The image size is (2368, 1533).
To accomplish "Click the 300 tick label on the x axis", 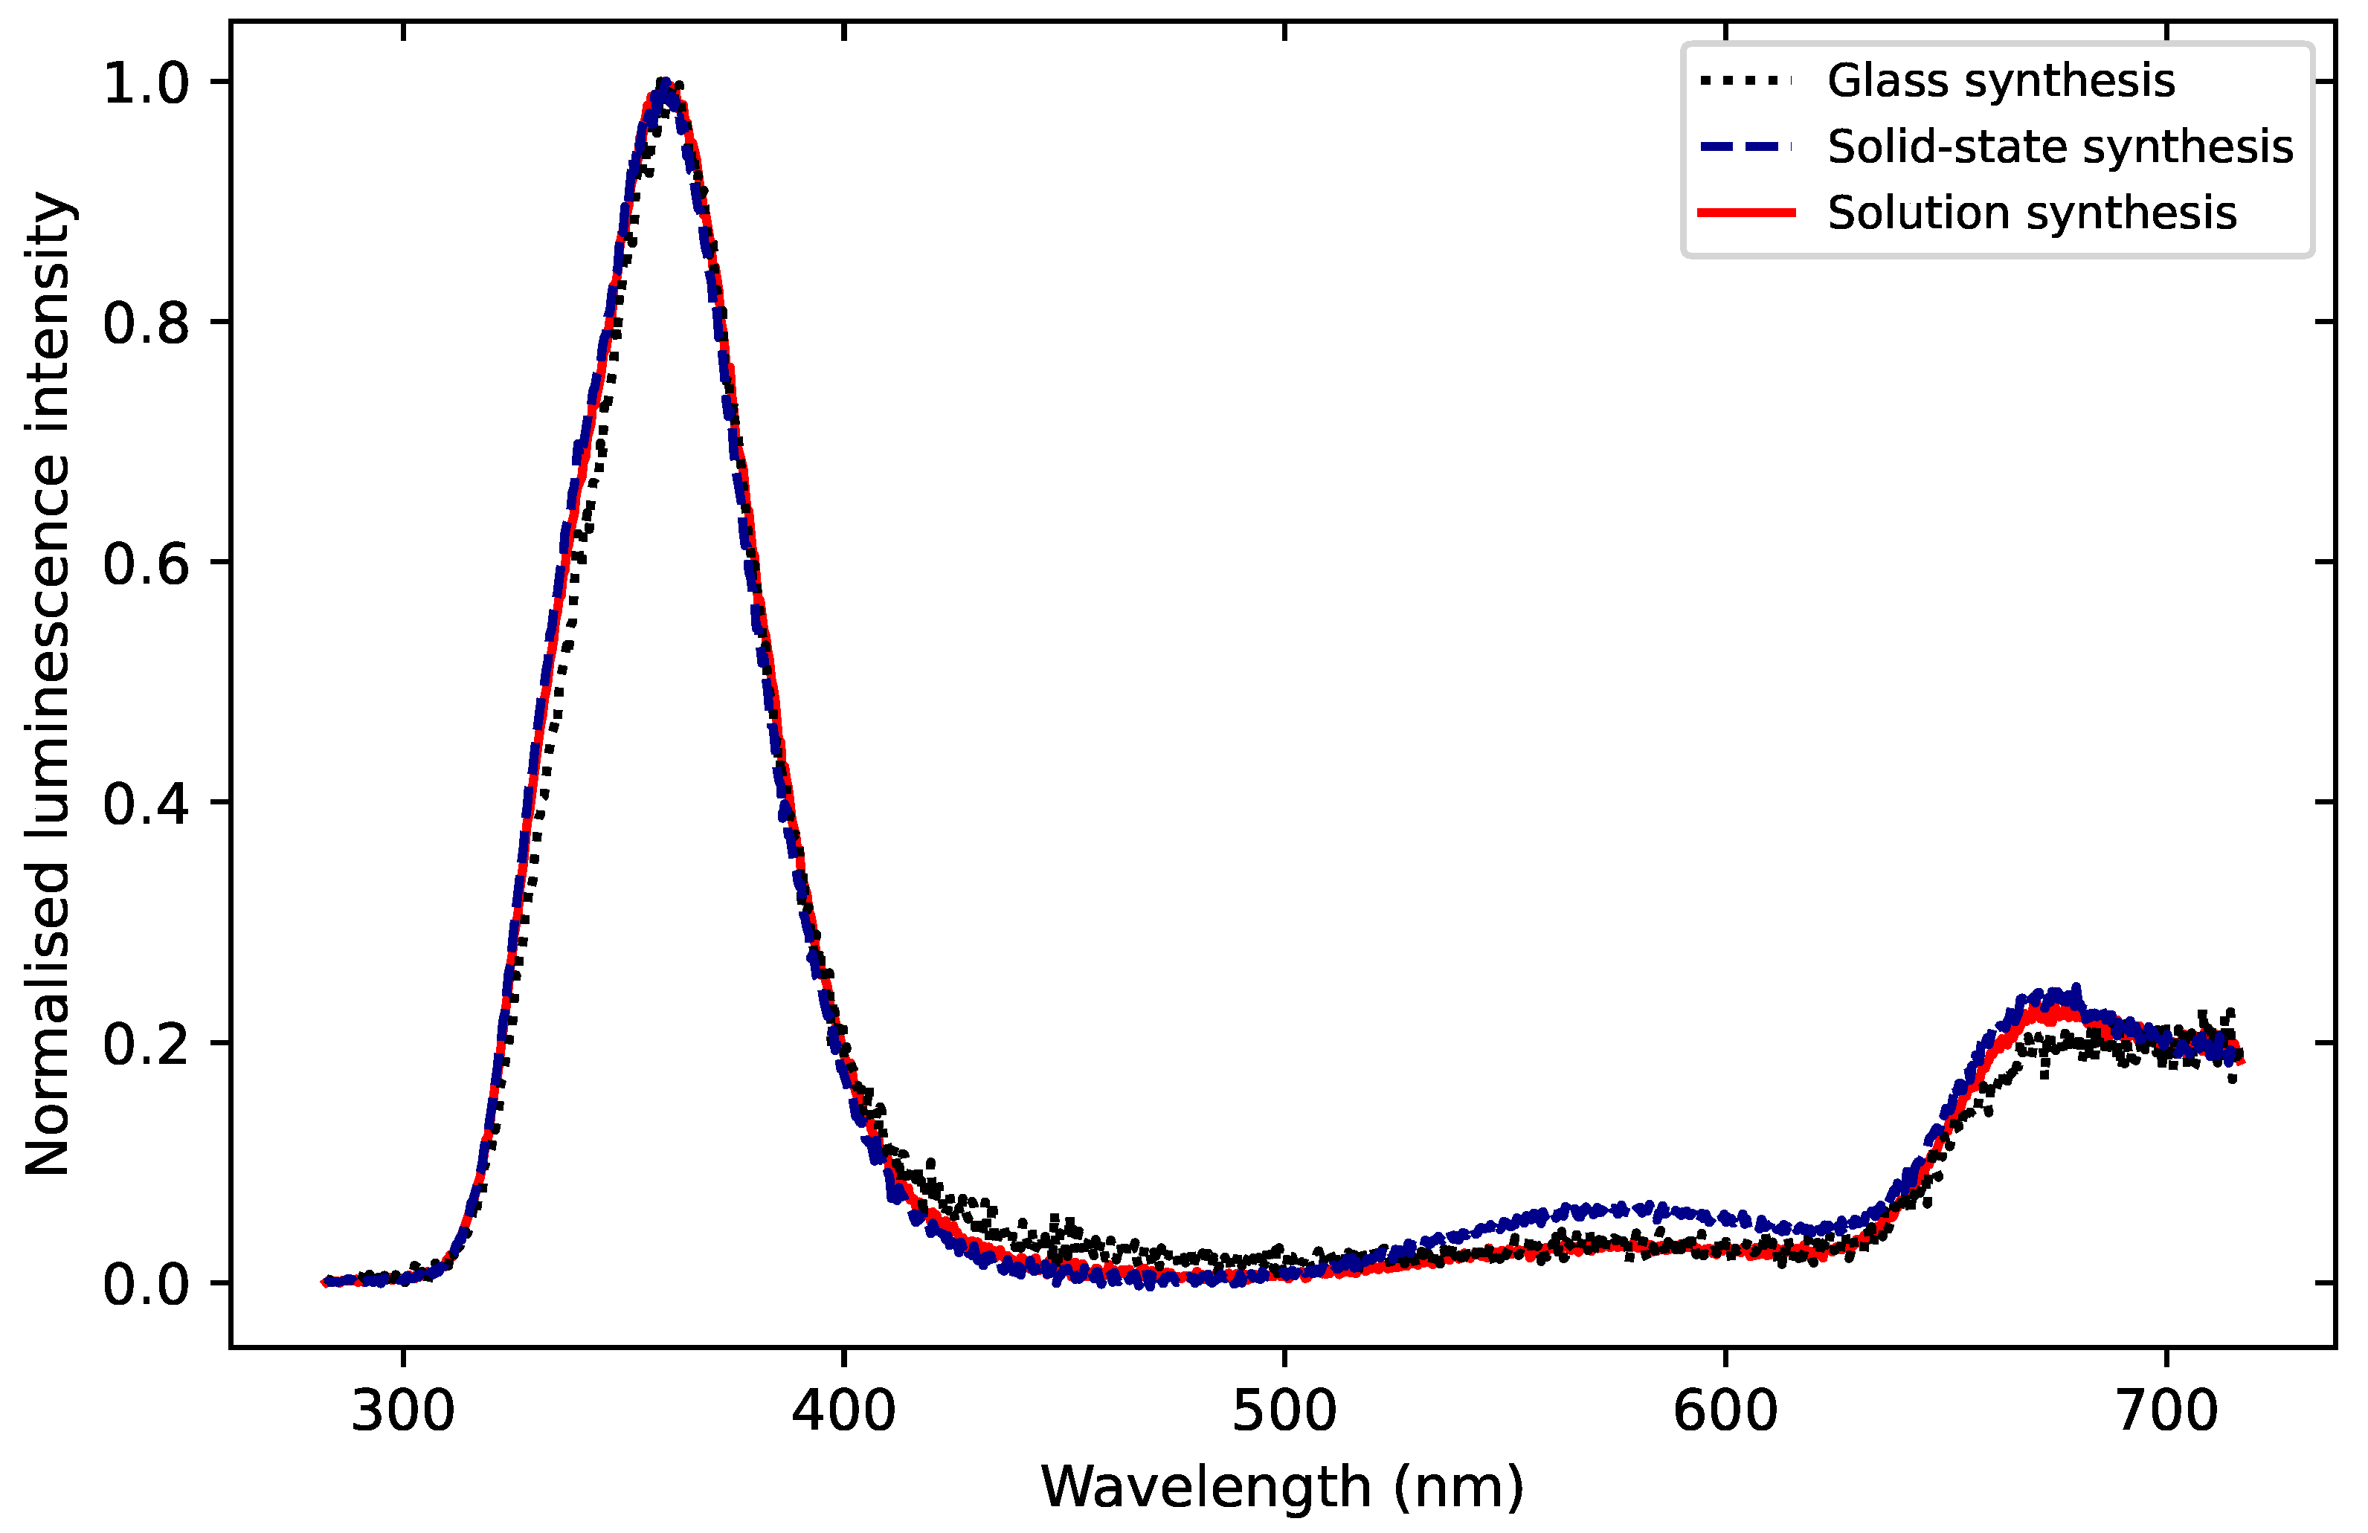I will coord(403,1412).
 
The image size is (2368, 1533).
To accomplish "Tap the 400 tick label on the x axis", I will coord(843,1412).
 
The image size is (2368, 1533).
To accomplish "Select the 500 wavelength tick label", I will coord(1284,1412).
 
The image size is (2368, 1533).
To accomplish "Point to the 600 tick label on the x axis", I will coord(1725,1412).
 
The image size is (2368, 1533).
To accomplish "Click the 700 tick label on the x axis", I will coord(2166,1412).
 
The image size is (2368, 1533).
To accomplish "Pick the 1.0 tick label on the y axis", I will coord(147,83).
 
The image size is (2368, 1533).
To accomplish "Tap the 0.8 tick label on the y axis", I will coord(147,323).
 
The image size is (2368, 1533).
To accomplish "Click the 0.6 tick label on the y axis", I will coord(147,563).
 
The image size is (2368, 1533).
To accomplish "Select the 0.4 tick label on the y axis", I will coord(147,804).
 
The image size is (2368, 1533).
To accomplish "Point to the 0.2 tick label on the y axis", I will coord(147,1044).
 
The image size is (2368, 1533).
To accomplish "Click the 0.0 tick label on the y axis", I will coord(147,1284).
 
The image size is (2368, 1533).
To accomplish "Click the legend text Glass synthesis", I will coord(2001,80).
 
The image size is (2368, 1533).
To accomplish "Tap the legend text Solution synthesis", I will coord(2032,213).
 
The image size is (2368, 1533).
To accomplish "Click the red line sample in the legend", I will coord(1746,213).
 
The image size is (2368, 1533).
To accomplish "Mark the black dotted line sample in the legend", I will coord(1746,80).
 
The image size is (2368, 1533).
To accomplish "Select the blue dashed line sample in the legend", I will coord(1746,147).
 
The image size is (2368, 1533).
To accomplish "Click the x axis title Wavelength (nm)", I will coord(1282,1488).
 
